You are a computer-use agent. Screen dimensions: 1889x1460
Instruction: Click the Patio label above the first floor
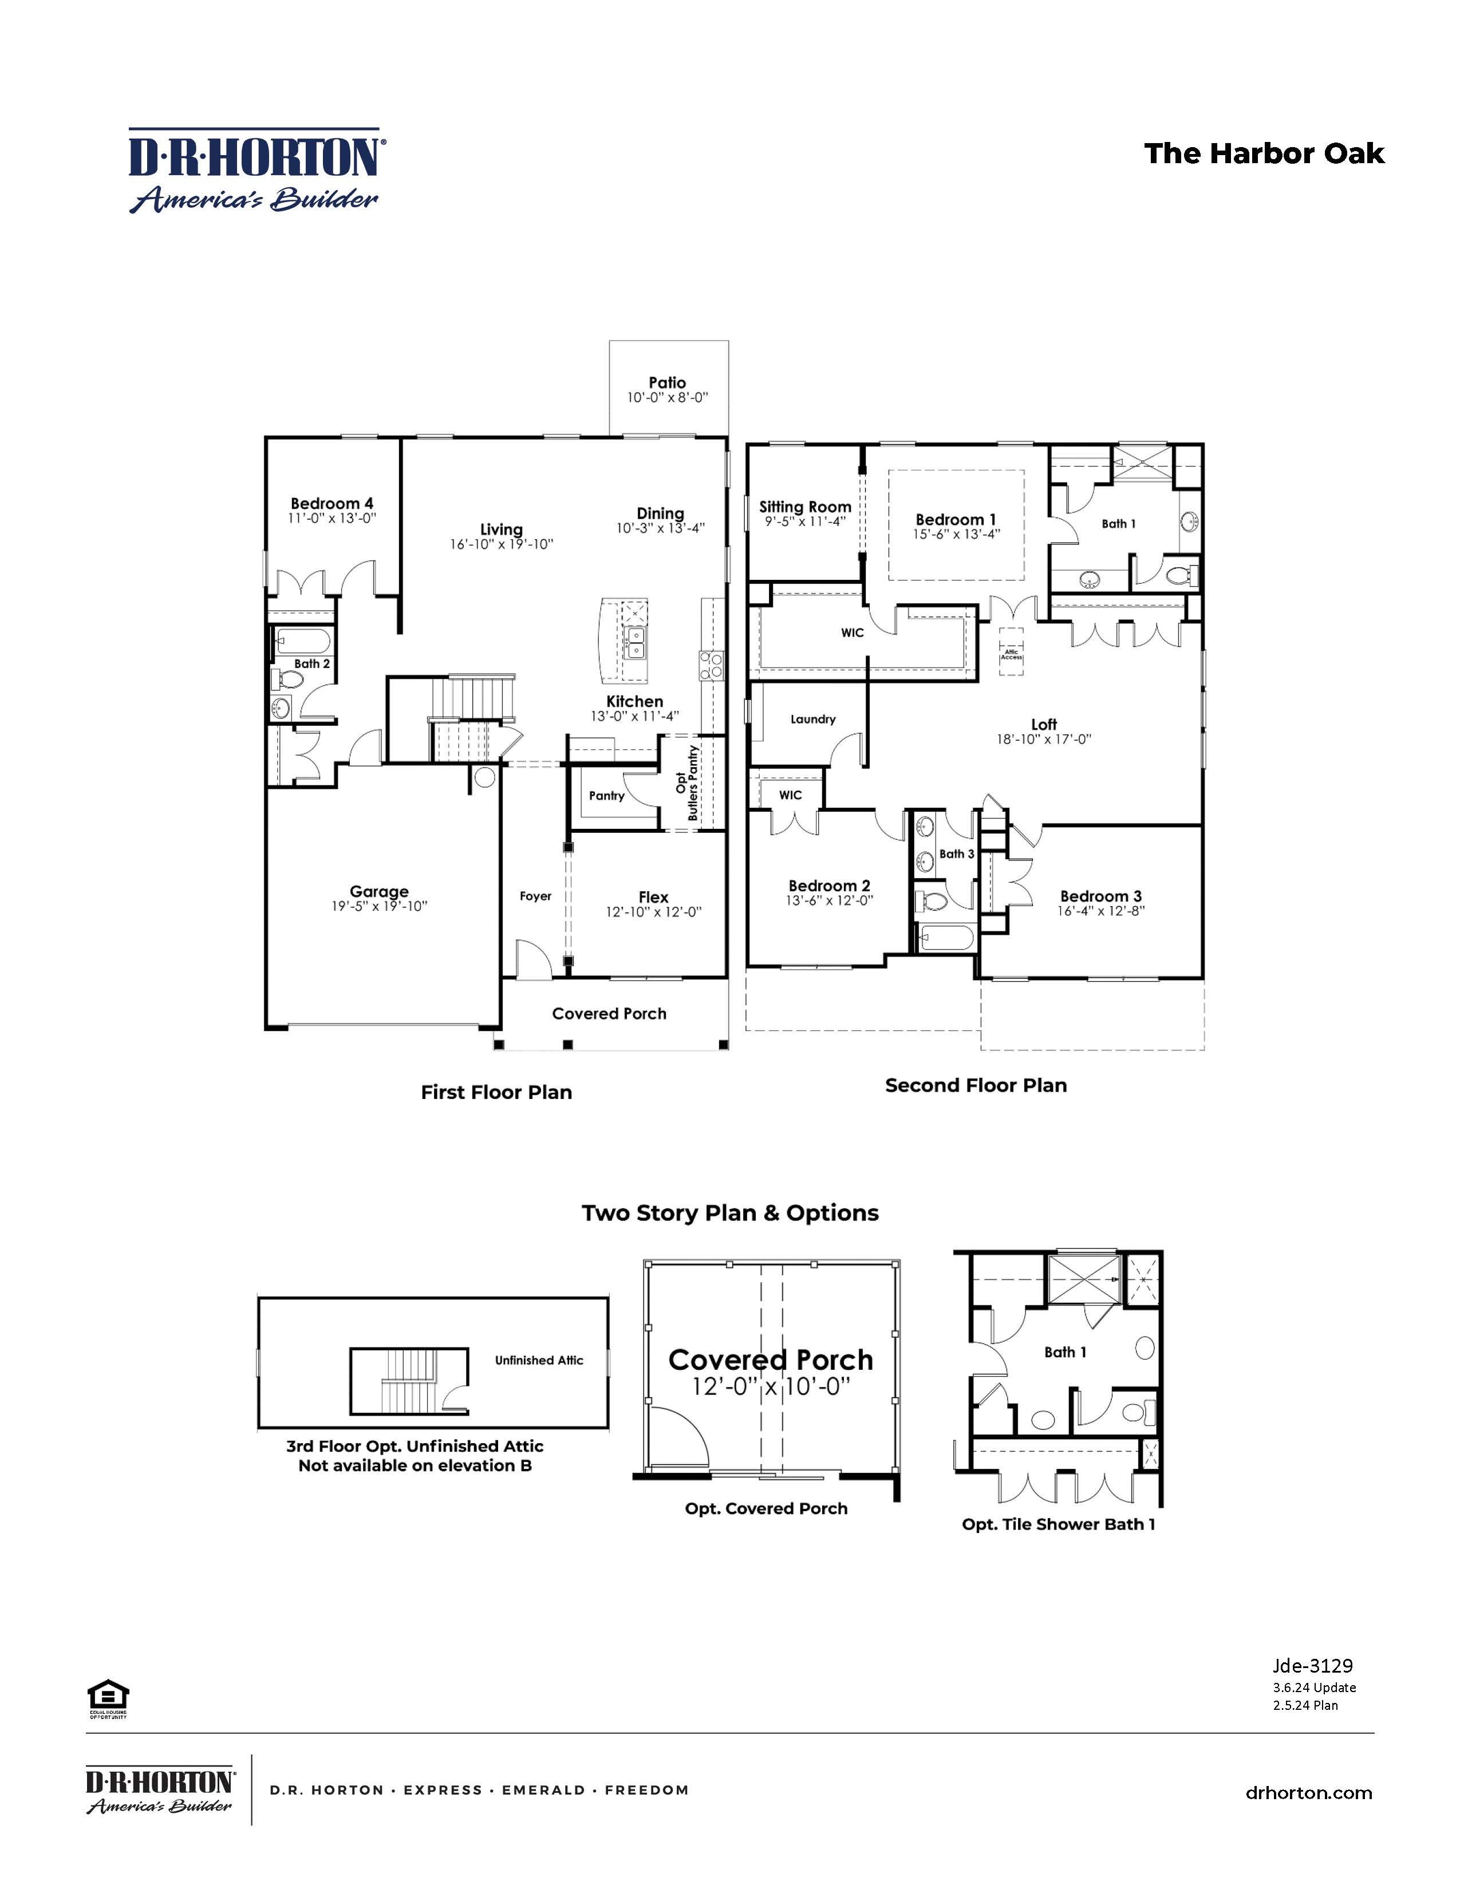[x=667, y=382]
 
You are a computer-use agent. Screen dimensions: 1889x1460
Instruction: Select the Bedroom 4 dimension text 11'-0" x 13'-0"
[x=332, y=518]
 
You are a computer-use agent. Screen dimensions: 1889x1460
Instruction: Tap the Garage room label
[x=379, y=891]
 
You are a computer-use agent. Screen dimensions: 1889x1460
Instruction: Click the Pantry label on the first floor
[x=606, y=796]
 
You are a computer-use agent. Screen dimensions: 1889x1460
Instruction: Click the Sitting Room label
[x=805, y=507]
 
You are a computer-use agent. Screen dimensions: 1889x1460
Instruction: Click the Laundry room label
[x=813, y=719]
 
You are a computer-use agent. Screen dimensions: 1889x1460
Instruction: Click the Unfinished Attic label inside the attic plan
[x=539, y=1361]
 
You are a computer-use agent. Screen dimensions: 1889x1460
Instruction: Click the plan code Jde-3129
[x=1312, y=1666]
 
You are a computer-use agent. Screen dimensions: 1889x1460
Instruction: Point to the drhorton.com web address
[x=1309, y=1793]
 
